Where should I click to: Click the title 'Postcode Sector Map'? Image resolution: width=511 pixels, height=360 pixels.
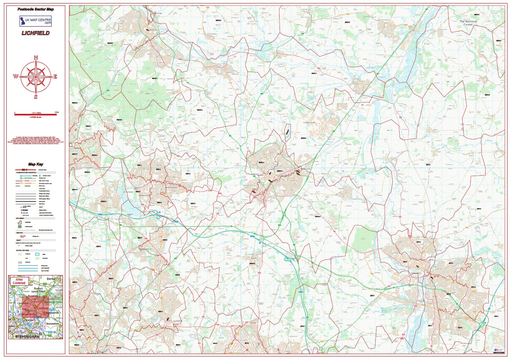point(36,9)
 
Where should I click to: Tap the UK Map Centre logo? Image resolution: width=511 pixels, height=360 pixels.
point(36,21)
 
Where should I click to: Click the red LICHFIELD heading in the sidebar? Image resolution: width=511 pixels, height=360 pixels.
point(36,33)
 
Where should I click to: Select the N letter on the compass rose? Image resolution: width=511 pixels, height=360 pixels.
point(36,58)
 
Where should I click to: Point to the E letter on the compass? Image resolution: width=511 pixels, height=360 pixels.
point(55,77)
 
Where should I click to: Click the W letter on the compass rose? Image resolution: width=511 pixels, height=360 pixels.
point(16,77)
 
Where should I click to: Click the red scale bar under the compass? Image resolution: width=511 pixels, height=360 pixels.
point(36,114)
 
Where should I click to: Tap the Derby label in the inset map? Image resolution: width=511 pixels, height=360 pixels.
point(51,279)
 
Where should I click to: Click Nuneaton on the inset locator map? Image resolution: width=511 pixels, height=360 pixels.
point(53,324)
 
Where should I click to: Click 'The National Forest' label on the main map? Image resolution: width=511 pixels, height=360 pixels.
point(468,23)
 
